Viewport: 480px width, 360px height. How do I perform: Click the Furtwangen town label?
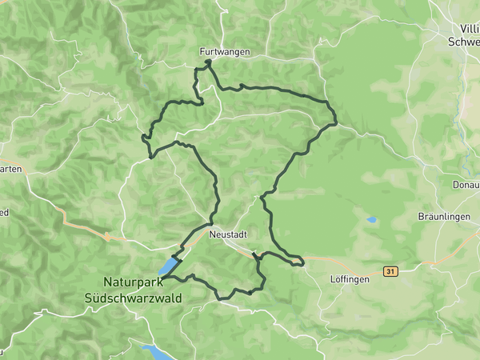225,52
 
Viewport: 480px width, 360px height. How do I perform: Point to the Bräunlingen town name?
442,217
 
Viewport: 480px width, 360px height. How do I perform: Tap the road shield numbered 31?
390,272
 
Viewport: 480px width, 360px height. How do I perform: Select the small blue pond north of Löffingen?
371,219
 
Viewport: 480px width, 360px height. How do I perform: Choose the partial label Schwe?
464,42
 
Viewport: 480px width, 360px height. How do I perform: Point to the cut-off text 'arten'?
11,169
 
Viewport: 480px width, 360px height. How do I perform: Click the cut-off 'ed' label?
4,213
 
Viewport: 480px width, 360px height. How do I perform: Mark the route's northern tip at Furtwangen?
208,62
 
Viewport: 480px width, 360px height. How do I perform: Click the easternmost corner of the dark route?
336,122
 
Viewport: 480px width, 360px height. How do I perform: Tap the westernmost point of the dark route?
142,138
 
